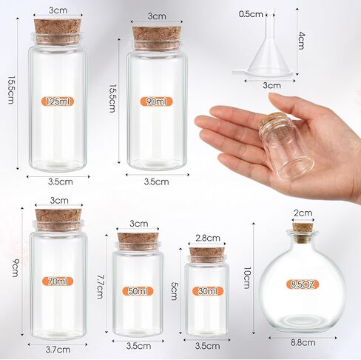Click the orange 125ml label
click(58, 101)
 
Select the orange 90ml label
click(156, 101)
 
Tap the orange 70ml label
click(58, 281)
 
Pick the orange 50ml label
click(138, 291)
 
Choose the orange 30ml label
click(208, 291)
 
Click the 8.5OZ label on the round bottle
click(303, 284)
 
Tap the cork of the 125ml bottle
click(58, 32)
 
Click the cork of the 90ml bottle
click(157, 39)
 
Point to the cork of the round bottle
click(302, 233)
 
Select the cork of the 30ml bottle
click(207, 255)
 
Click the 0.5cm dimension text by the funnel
click(251, 14)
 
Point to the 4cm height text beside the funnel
click(301, 40)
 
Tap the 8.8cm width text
click(303, 343)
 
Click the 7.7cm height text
click(100, 287)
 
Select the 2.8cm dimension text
click(208, 238)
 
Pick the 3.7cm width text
click(58, 350)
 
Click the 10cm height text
click(247, 278)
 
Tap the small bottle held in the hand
click(287, 146)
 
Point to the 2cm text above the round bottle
click(303, 213)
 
